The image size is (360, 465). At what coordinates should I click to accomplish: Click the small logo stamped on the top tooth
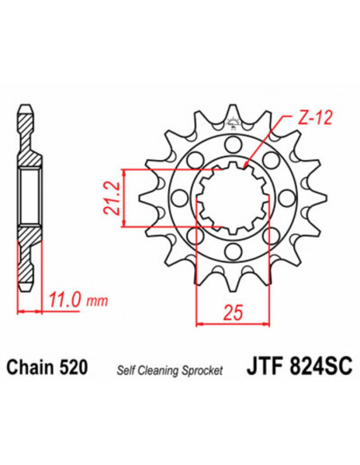pos(233,122)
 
